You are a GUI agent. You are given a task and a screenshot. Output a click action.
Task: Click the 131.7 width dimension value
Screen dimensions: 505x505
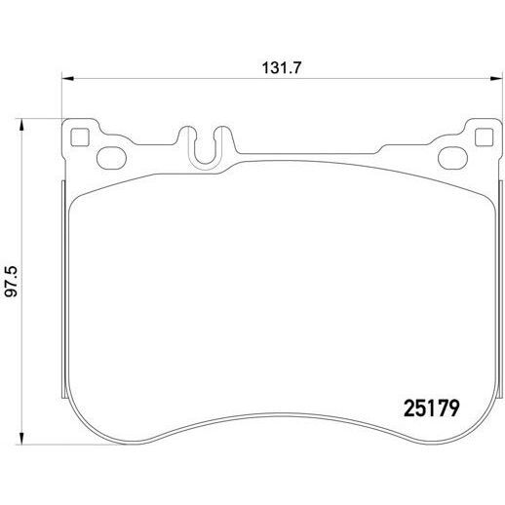click(x=282, y=68)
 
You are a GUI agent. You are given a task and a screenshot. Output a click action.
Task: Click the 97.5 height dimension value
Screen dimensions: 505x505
click(x=12, y=282)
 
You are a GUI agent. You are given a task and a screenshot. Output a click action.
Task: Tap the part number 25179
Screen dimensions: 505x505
click(x=431, y=408)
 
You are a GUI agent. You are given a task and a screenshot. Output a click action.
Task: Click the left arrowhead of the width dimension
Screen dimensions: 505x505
click(x=68, y=78)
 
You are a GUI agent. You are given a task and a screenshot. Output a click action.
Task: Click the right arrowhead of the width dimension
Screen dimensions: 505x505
click(x=496, y=78)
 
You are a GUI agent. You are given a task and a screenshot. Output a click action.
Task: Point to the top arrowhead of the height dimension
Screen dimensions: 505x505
click(x=21, y=125)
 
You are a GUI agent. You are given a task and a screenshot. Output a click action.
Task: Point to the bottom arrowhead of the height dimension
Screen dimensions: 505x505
click(x=21, y=438)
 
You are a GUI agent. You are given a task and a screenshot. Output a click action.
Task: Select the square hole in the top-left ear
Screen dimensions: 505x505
click(x=80, y=137)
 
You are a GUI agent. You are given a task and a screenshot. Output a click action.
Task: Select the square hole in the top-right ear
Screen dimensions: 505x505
click(x=484, y=137)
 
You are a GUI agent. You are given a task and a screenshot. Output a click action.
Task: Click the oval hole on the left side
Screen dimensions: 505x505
click(x=111, y=158)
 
